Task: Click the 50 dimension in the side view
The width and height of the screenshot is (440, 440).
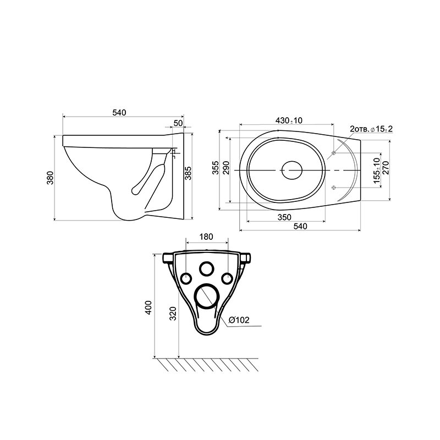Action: [178, 123]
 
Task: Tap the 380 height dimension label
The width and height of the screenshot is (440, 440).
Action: [50, 178]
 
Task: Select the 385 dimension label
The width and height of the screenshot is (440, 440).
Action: [188, 173]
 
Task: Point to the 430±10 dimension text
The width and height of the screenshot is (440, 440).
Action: [289, 120]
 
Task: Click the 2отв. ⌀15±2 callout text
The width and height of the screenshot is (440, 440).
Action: [371, 129]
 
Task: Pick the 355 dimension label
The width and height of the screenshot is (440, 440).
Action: [215, 168]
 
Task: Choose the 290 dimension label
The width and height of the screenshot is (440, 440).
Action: [226, 168]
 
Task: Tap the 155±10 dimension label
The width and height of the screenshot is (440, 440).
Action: [377, 170]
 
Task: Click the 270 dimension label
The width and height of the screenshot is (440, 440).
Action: [386, 168]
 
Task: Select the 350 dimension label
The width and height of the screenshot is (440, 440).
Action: [284, 217]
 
